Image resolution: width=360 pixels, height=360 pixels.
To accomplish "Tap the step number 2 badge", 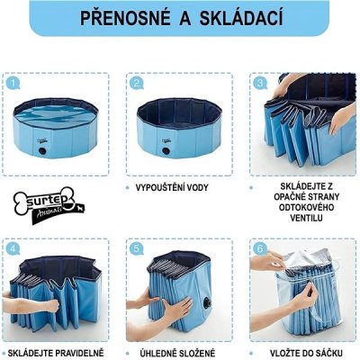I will [x=137, y=83].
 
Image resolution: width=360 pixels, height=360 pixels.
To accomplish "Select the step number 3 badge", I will [x=260, y=83].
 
